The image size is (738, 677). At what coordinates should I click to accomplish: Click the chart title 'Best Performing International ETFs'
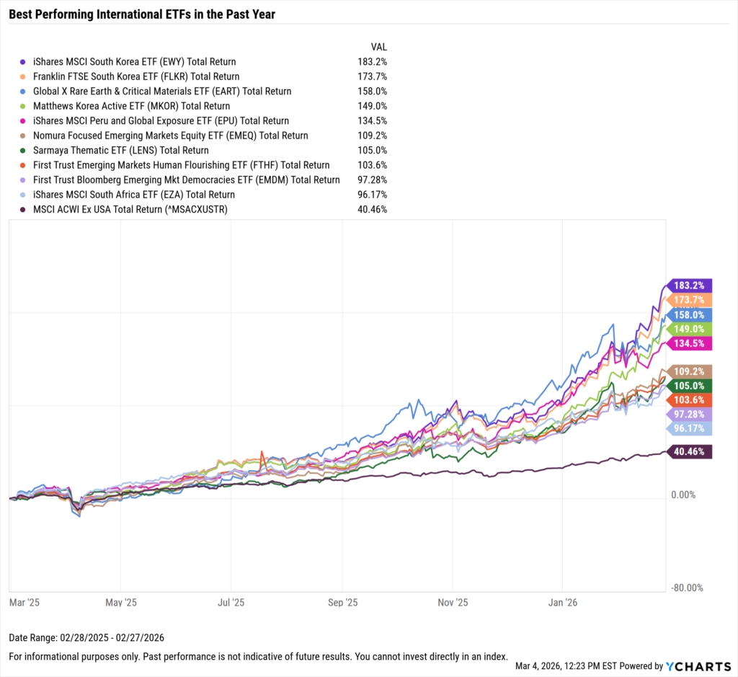click(x=142, y=14)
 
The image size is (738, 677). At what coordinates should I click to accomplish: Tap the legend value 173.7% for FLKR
click(x=373, y=76)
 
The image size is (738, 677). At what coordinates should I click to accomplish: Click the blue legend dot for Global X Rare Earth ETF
click(x=25, y=92)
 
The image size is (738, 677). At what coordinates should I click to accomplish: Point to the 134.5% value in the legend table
click(x=373, y=120)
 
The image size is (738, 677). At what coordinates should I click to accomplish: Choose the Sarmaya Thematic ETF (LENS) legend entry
click(x=120, y=150)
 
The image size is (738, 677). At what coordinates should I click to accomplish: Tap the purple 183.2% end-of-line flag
click(x=690, y=286)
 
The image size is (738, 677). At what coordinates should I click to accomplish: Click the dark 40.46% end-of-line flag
click(x=690, y=452)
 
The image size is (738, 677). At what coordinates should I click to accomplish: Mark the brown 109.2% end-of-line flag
click(x=690, y=372)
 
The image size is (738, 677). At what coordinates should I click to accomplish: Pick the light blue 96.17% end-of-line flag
click(x=690, y=428)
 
